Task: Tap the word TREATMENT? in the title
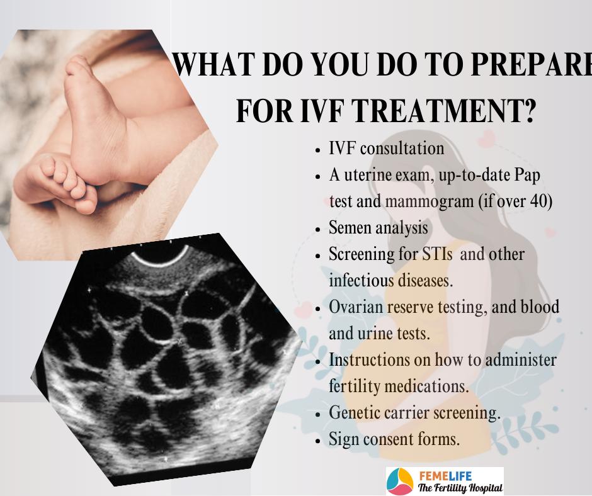pyautogui.click(x=445, y=110)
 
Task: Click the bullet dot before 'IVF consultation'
pyautogui.click(x=318, y=150)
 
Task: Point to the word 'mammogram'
pyautogui.click(x=429, y=201)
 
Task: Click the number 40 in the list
pyautogui.click(x=538, y=200)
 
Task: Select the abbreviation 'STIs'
pyautogui.click(x=437, y=254)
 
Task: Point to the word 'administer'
pyautogui.click(x=521, y=359)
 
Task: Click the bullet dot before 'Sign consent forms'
pyautogui.click(x=318, y=441)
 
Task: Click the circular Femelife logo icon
pyautogui.click(x=400, y=482)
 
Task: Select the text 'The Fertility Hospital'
pyautogui.click(x=460, y=488)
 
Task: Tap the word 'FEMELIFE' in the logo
pyautogui.click(x=445, y=476)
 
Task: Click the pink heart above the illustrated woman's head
pyautogui.click(x=486, y=138)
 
